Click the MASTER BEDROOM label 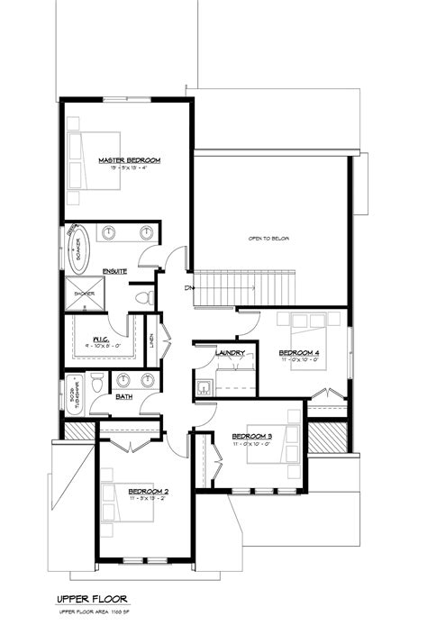[x=129, y=160]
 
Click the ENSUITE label [x=114, y=270]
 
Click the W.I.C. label [x=101, y=338]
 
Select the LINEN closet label [x=150, y=340]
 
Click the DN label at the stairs [x=188, y=288]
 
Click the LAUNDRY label [x=225, y=353]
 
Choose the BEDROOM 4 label [x=297, y=351]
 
